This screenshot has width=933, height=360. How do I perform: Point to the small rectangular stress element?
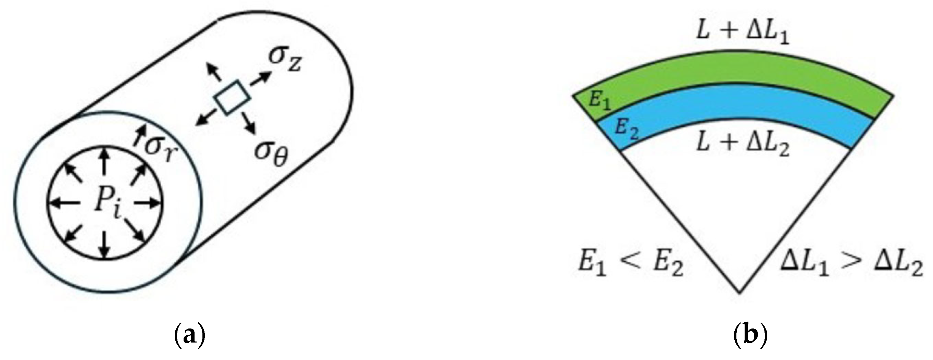pyautogui.click(x=232, y=97)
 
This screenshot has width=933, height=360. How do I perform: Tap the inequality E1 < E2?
pyautogui.click(x=630, y=268)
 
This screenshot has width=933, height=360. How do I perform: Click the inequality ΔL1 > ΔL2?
pyautogui.click(x=851, y=268)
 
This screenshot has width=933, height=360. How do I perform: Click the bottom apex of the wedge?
pyautogui.click(x=739, y=292)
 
